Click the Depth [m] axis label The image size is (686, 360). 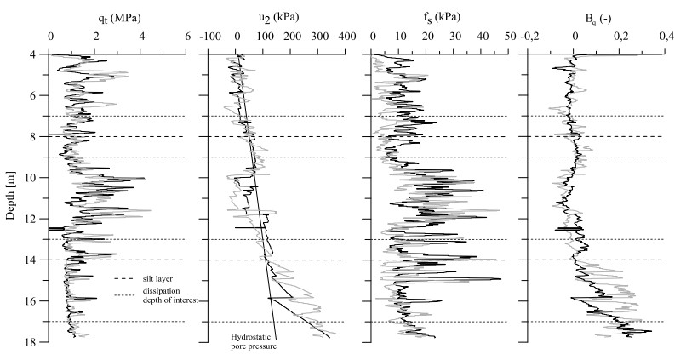pyautogui.click(x=11, y=195)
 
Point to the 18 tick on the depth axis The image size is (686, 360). pyautogui.click(x=40, y=342)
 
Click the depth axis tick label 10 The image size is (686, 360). pyautogui.click(x=40, y=178)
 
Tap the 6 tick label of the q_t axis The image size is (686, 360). pyautogui.click(x=187, y=37)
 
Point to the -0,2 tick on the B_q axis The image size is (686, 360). pyautogui.click(x=530, y=37)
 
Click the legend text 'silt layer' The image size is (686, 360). pyautogui.click(x=156, y=277)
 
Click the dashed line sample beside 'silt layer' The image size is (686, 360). pyautogui.click(x=124, y=277)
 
